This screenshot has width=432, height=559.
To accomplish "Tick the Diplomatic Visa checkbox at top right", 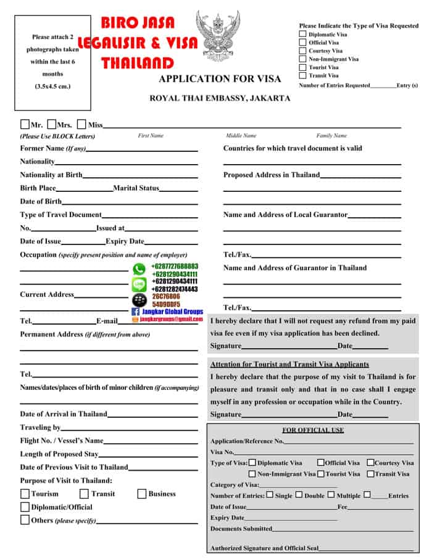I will pyautogui.click(x=302, y=35).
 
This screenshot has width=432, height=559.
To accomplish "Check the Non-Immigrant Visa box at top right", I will pyautogui.click(x=302, y=59).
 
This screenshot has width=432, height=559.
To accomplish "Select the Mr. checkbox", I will pyautogui.click(x=25, y=124).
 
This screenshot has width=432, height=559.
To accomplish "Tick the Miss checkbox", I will pyautogui.click(x=81, y=124).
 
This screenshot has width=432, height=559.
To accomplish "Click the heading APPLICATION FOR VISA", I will pyautogui.click(x=220, y=79).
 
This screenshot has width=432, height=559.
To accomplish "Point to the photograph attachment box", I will pyautogui.click(x=52, y=62).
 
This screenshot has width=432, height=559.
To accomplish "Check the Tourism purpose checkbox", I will pyautogui.click(x=25, y=494).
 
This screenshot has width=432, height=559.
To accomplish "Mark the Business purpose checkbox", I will pyautogui.click(x=142, y=494).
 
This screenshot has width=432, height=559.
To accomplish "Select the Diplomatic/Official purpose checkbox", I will pyautogui.click(x=25, y=507).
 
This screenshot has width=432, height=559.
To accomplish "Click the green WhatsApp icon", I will pyautogui.click(x=139, y=270).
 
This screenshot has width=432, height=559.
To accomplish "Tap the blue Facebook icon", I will pyautogui.click(x=136, y=312).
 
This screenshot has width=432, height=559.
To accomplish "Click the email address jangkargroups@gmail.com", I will pyautogui.click(x=171, y=320).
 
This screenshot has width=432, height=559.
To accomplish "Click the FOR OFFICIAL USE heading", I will pyautogui.click(x=313, y=430).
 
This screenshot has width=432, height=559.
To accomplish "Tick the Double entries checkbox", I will pyautogui.click(x=299, y=495).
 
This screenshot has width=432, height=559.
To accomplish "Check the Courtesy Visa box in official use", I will pyautogui.click(x=370, y=462).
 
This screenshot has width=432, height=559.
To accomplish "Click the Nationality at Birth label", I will pyautogui.click(x=51, y=175).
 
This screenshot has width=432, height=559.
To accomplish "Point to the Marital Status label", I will pyautogui.click(x=136, y=188).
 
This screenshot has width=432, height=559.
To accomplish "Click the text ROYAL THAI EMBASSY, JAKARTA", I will pyautogui.click(x=220, y=98).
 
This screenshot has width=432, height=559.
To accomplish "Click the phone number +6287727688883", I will pyautogui.click(x=175, y=267).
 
